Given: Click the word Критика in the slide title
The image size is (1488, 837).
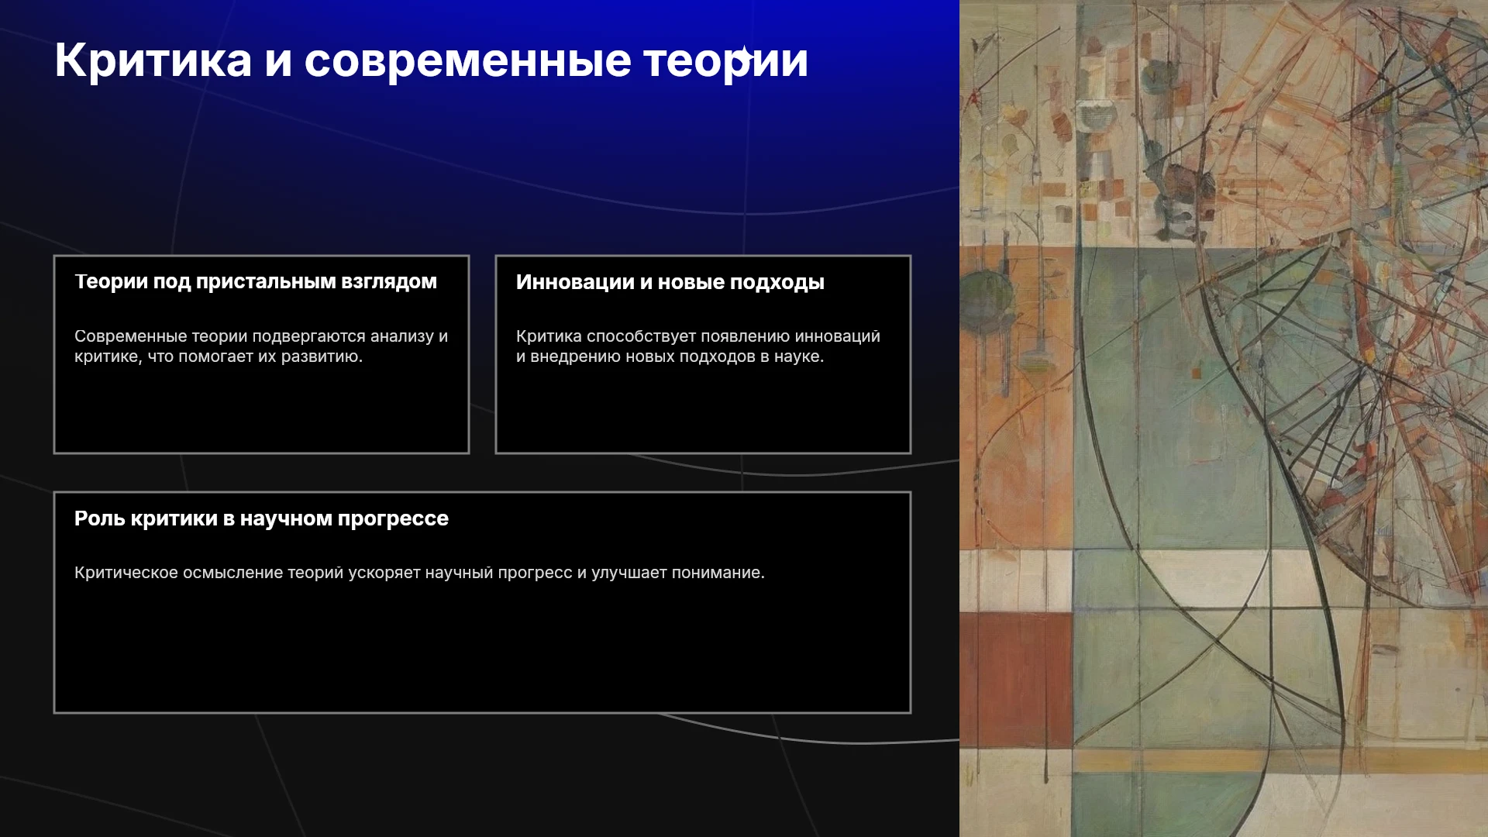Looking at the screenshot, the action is (x=153, y=60).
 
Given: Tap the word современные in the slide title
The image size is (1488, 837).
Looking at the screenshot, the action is (x=468, y=60).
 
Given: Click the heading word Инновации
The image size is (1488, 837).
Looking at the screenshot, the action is (x=575, y=282).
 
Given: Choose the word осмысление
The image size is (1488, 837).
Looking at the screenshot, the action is (x=233, y=573).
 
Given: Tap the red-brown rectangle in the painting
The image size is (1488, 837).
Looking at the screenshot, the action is (x=1016, y=681).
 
